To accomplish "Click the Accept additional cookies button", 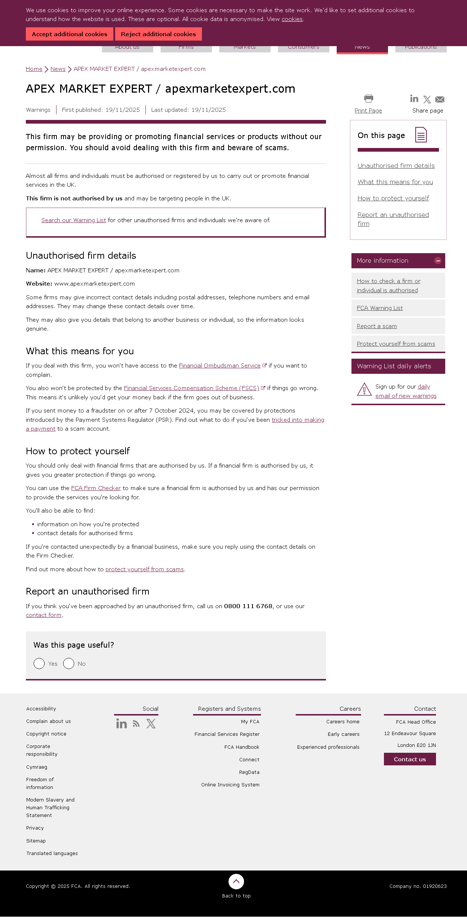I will click(69, 34).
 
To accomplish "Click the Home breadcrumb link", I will click(34, 69).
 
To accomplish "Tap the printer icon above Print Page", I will click(368, 99).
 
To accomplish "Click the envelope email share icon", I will click(440, 99).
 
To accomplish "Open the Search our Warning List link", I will click(73, 220).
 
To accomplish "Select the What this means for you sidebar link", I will click(395, 182).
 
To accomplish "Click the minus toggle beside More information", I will click(438, 261).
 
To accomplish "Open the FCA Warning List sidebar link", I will click(380, 308).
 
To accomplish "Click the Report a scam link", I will click(377, 326).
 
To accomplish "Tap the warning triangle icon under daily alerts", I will click(364, 389).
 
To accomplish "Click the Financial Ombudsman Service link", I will click(220, 366).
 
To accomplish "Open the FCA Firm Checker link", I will click(96, 488).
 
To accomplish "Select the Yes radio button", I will click(39, 663).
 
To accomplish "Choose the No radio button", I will click(69, 663).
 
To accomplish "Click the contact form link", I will click(44, 615).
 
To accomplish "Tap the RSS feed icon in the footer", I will click(136, 724).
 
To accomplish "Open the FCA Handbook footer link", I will click(242, 747).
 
